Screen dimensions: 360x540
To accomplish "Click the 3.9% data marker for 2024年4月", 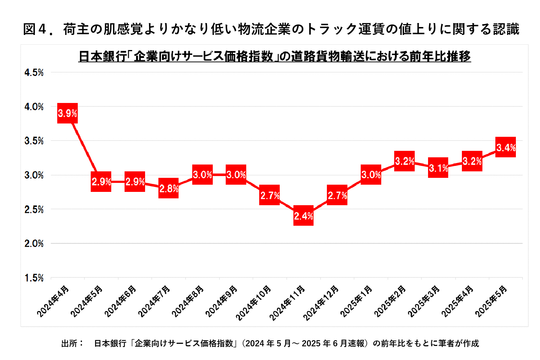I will [x=67, y=113].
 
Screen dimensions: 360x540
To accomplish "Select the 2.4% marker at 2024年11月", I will [x=303, y=216].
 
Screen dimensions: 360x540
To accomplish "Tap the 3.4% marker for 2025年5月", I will [x=506, y=147].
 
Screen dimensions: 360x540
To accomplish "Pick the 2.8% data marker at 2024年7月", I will [x=168, y=188].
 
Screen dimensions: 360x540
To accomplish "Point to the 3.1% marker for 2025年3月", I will [x=438, y=168].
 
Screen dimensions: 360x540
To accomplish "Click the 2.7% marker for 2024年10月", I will [x=270, y=195].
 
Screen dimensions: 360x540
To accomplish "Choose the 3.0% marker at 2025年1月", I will [x=371, y=175].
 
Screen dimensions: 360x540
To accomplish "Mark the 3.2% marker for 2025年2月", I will [x=405, y=161].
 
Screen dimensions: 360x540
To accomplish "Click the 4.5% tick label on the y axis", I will [x=34, y=73].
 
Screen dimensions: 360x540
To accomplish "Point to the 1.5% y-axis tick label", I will [x=34, y=278].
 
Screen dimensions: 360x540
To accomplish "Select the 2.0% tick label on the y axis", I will [x=34, y=244].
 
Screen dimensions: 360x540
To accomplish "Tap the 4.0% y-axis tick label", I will [x=34, y=107].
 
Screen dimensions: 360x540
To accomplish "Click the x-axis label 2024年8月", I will [x=188, y=302].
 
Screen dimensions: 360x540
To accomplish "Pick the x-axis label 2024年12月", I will [x=321, y=303].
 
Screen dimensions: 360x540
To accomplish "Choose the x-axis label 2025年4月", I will [x=457, y=302].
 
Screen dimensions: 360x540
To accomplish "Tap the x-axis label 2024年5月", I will [x=86, y=302].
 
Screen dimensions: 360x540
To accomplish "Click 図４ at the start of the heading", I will [x=35, y=29].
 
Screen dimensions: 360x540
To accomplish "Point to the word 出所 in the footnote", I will [x=69, y=343].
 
